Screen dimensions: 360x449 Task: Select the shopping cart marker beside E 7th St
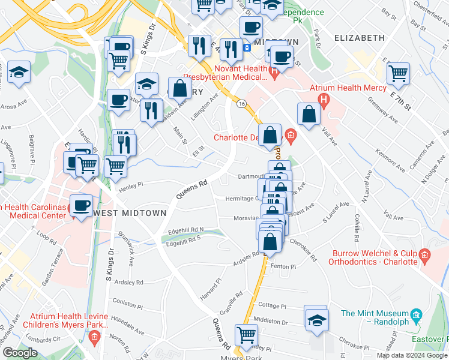coord(398,74)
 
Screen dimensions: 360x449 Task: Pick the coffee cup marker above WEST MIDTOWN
coord(82,206)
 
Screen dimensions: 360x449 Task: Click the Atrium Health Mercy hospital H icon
coord(324,99)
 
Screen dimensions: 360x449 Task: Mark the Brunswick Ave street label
coord(127,248)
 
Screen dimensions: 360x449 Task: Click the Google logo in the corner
coord(20,353)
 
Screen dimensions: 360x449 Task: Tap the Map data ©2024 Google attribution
coord(411,355)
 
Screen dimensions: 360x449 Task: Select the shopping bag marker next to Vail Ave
coord(309,115)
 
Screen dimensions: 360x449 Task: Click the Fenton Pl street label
coord(284,266)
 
